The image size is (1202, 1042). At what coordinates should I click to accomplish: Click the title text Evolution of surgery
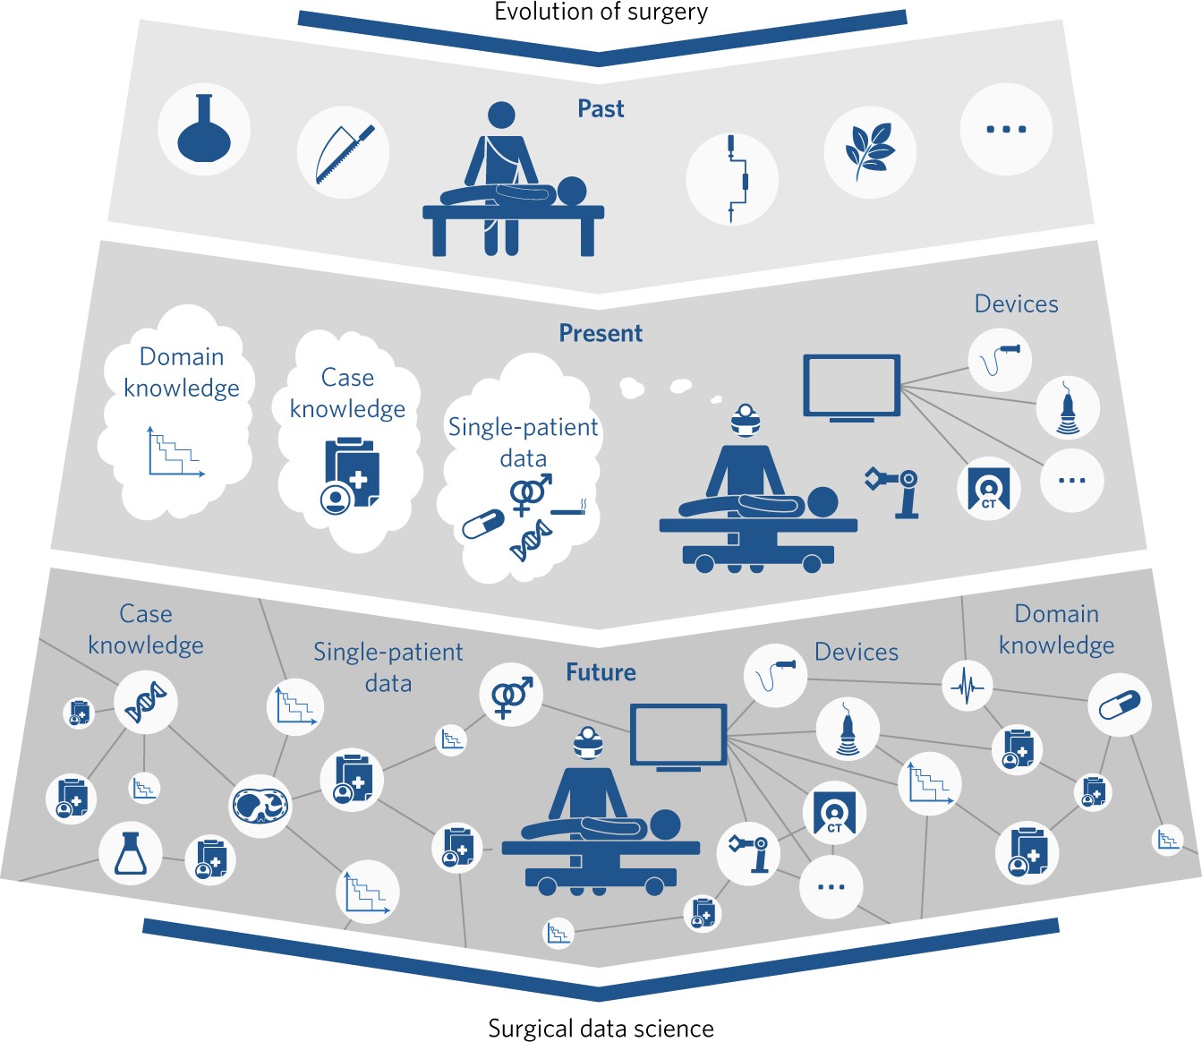[x=601, y=12]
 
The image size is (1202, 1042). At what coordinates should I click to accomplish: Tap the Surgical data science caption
[x=601, y=1029]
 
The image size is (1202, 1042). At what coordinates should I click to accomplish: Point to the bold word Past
[x=601, y=109]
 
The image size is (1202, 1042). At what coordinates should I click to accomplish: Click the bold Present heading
[x=601, y=333]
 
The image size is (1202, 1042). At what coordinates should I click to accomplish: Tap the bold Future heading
[x=601, y=672]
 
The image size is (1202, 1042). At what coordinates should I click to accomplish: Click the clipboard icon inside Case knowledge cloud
[x=350, y=474]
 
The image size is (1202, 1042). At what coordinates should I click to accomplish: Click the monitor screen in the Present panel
[x=851, y=387]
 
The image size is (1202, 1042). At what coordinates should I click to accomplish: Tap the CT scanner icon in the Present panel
[x=988, y=489]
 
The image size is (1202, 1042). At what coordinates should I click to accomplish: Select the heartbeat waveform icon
[x=968, y=687]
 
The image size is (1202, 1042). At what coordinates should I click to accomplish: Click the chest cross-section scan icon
[x=260, y=806]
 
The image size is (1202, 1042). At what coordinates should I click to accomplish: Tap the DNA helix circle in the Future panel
[x=146, y=702]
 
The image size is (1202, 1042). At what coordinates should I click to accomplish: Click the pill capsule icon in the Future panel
[x=1119, y=705]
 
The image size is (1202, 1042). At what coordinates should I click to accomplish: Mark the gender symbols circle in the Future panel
[x=511, y=695]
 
